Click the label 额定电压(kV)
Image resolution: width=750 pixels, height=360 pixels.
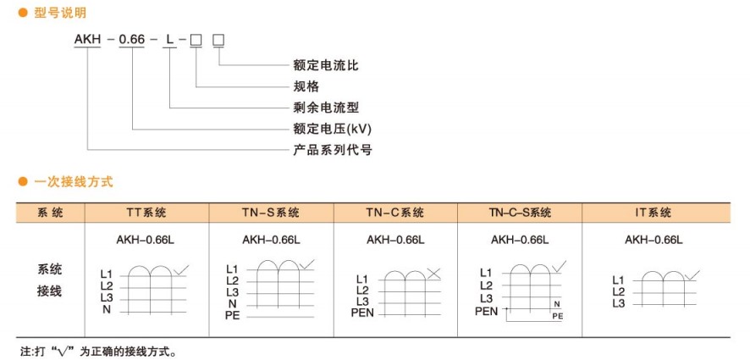(332, 129)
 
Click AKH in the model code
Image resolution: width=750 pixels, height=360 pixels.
(88, 40)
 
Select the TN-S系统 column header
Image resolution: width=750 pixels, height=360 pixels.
(271, 213)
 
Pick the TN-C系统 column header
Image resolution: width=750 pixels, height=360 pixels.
(395, 213)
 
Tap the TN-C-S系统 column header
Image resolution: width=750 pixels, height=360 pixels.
(520, 213)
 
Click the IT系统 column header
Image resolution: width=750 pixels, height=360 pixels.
(653, 213)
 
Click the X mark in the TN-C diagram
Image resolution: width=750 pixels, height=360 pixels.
(434, 273)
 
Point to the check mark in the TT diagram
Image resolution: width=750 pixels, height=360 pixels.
(183, 269)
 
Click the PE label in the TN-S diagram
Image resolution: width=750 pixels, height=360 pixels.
(234, 315)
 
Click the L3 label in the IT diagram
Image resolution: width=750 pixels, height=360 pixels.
(618, 302)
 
